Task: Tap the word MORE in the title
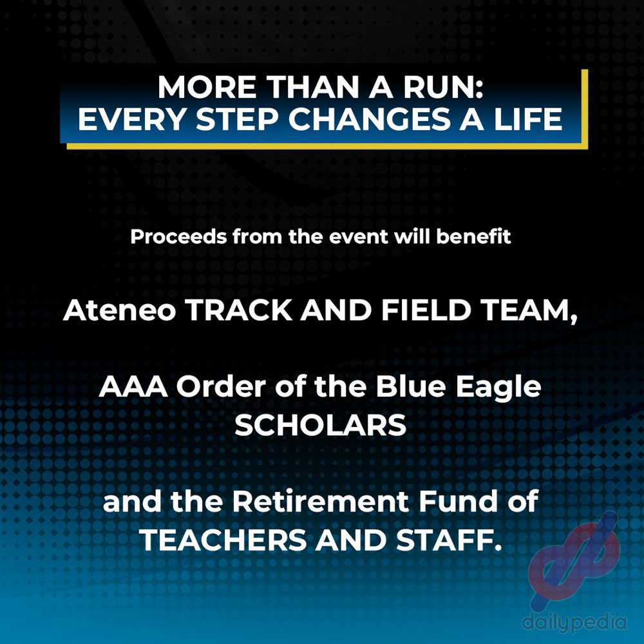(207, 87)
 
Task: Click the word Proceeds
(178, 237)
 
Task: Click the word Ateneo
(120, 310)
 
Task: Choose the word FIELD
(426, 310)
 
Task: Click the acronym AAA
(133, 387)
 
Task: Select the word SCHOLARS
(320, 425)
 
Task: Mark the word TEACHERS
(223, 540)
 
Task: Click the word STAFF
(449, 540)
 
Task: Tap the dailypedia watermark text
(574, 623)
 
